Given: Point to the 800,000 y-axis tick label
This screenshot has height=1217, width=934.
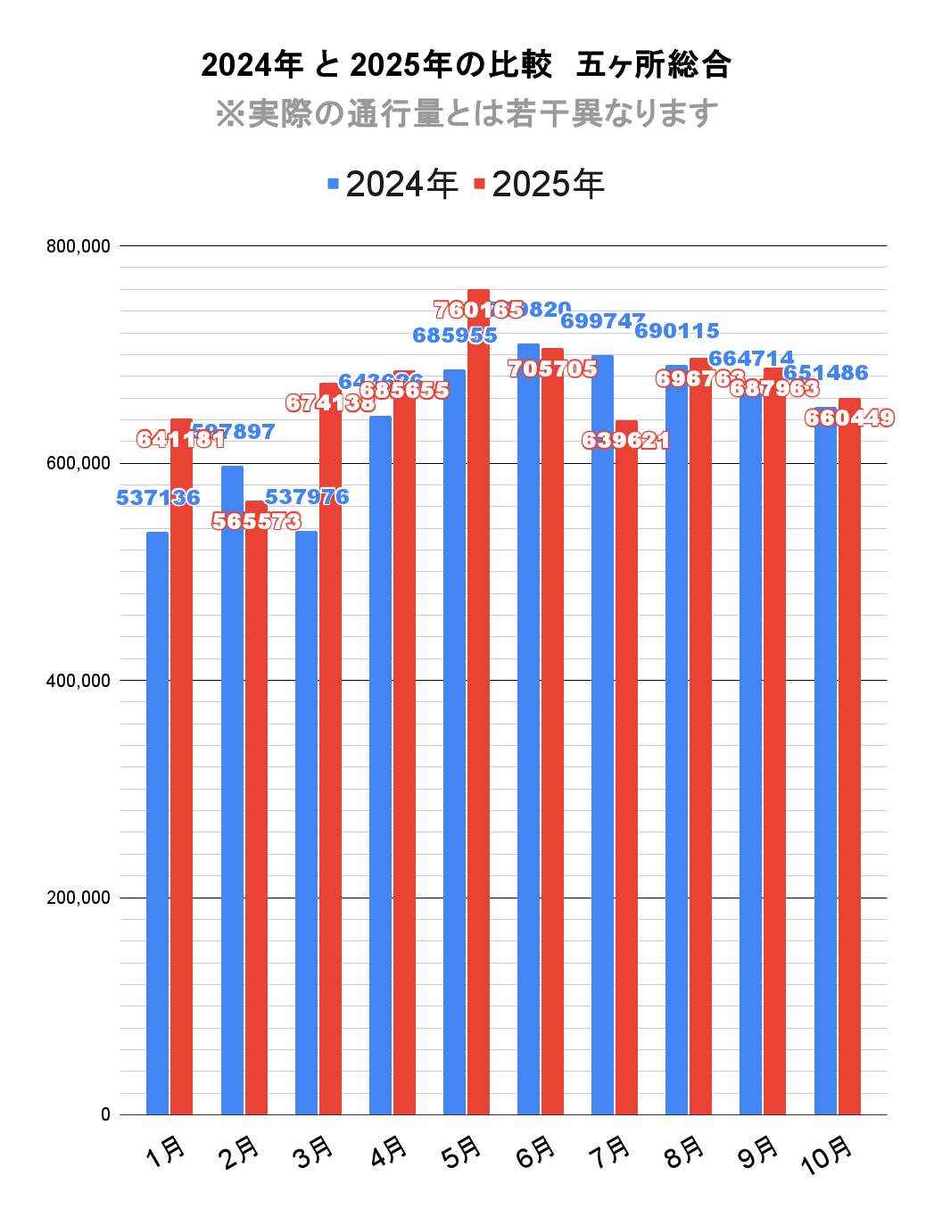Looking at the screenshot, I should tap(79, 246).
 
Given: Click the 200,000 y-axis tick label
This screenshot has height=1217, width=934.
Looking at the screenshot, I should tap(79, 898).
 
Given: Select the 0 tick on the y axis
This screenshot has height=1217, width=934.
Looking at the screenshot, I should tap(105, 1114).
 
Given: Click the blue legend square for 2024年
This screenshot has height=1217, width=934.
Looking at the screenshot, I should tap(334, 184).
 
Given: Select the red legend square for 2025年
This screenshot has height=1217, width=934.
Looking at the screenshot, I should tap(480, 184).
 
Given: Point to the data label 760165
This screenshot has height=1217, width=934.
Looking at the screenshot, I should tap(479, 310).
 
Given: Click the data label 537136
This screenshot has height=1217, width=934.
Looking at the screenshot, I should tap(158, 498).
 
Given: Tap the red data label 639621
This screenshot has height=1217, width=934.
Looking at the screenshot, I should tap(625, 441).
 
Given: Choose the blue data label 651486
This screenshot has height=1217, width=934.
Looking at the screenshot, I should tap(825, 373).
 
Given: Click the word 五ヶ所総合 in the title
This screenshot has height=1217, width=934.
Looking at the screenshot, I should tap(654, 65).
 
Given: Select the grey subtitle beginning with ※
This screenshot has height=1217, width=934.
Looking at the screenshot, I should tap(467, 113).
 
